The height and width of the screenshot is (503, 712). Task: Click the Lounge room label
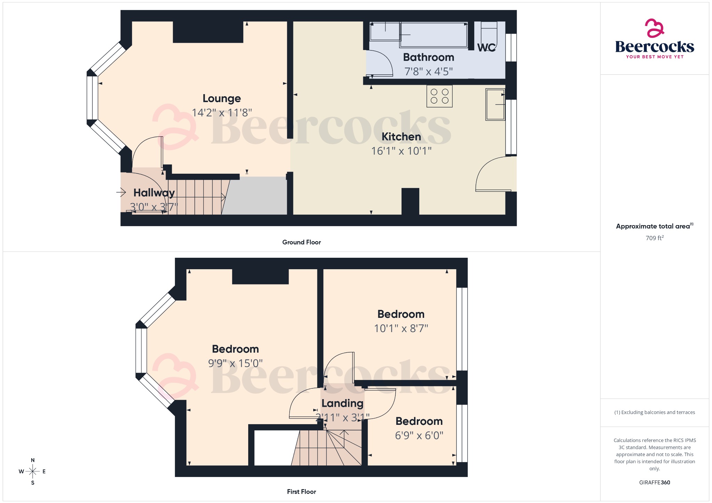(221, 99)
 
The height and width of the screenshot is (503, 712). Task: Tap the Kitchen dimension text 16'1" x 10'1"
(401, 151)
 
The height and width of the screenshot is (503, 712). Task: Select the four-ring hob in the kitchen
(439, 96)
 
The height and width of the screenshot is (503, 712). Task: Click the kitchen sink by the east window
(495, 105)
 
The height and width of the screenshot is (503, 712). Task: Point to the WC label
(486, 48)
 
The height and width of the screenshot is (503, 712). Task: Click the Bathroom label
(428, 57)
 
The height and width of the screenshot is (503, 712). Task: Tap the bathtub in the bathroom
(433, 35)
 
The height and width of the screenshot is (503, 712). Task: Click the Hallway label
(154, 193)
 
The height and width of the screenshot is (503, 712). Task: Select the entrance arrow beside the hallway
(121, 192)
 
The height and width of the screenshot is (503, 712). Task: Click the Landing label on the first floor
(342, 403)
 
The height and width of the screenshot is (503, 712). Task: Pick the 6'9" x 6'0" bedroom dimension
(419, 436)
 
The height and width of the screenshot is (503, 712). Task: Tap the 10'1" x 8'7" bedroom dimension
(401, 329)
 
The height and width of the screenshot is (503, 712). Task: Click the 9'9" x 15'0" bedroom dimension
(235, 363)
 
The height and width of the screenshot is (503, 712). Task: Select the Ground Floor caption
(301, 242)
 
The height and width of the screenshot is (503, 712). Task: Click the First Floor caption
(301, 492)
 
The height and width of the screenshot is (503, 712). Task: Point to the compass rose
(33, 471)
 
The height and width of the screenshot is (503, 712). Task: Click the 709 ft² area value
(654, 238)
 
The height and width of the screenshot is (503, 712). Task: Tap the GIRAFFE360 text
(654, 483)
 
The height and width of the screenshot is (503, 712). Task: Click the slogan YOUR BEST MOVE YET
(655, 57)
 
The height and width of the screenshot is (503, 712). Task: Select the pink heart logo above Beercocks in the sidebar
(654, 28)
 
